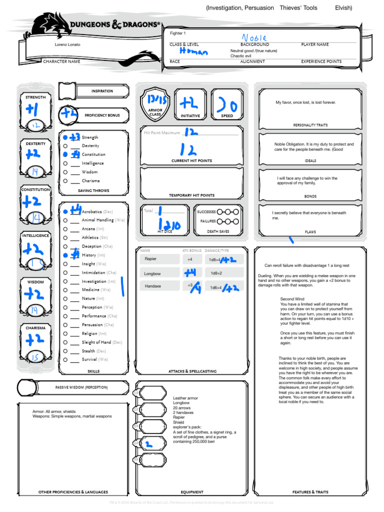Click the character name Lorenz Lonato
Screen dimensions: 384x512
67,44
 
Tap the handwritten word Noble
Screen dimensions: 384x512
254,38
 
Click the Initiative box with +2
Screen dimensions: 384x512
190,105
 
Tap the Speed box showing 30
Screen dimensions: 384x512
227,105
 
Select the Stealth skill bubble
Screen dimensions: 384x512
65,351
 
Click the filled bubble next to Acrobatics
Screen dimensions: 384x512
65,212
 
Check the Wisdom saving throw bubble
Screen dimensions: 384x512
65,172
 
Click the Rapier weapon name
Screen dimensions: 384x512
150,259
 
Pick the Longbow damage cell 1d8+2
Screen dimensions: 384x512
216,273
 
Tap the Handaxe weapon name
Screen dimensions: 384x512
152,286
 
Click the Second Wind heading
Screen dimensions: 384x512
292,299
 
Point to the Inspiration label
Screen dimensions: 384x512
102,91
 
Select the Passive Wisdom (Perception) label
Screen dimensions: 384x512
81,387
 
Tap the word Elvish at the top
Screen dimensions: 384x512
343,8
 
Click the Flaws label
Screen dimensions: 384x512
310,232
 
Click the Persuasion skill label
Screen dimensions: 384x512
92,325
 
